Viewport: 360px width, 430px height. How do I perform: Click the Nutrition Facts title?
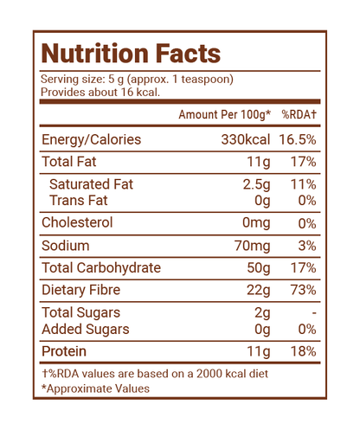coord(131,54)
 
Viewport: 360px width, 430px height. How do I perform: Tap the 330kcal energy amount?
coord(246,139)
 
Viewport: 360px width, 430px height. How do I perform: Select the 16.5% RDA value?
coord(298,139)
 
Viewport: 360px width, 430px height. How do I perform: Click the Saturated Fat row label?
coord(91,184)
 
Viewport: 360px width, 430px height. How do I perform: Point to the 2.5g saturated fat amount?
coord(256,184)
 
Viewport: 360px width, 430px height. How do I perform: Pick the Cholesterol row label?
coord(77,222)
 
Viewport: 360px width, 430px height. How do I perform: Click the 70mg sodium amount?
coord(253,246)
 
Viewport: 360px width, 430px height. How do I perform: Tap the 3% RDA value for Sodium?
coord(307,246)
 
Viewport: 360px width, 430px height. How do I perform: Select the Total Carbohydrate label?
coord(101,267)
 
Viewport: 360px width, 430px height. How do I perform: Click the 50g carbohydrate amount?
coord(259,268)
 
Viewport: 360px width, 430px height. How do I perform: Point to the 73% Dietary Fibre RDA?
coord(303,290)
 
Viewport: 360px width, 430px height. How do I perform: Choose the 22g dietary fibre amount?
coord(259,291)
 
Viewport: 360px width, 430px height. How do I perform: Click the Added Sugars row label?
coord(86,330)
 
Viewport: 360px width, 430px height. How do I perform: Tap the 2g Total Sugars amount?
coord(262,313)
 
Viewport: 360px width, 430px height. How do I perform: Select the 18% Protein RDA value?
coord(303,351)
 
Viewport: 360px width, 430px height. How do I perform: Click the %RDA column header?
coord(299,114)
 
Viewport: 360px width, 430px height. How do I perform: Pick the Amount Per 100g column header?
coord(225,115)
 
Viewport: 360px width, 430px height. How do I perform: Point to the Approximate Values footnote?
coord(95,388)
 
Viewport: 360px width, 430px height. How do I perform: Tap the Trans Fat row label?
coord(78,200)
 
